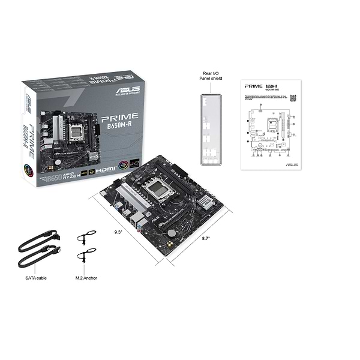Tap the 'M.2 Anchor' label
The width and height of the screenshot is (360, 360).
pos(86,278)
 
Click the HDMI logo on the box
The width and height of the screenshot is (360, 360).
pos(107,170)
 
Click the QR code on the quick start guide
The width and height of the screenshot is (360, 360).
pos(293,97)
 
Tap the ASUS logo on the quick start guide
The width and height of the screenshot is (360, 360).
pos(292,164)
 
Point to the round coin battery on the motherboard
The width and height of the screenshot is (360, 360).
pos(172,232)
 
